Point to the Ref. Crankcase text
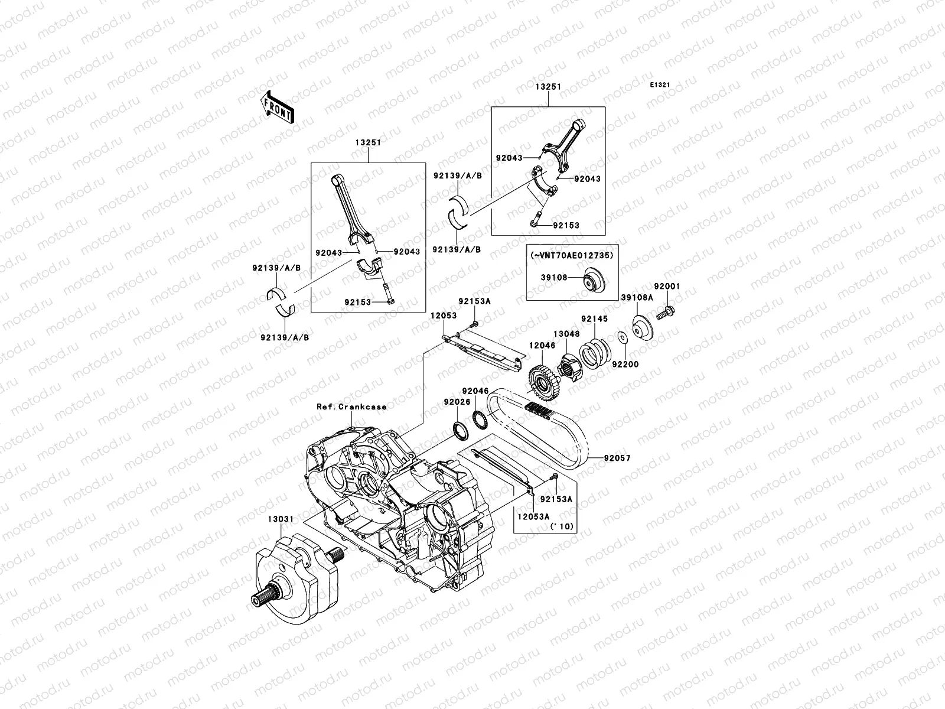pyautogui.click(x=351, y=407)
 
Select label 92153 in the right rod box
pyautogui.click(x=566, y=226)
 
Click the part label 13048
pyautogui.click(x=566, y=334)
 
